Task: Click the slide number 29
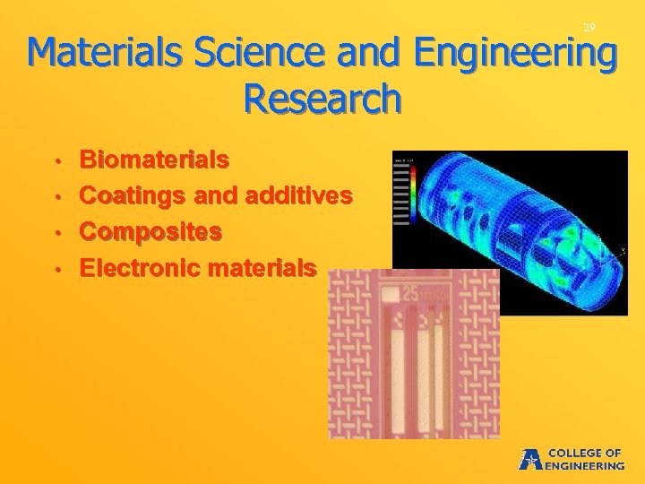589,29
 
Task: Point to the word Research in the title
322,99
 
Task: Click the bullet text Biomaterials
154,160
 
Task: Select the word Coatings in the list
128,196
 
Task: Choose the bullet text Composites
151,231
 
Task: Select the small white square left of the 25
391,293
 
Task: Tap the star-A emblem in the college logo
530,459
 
